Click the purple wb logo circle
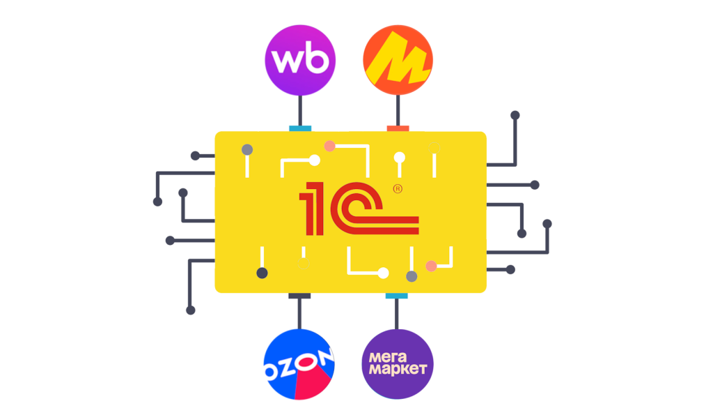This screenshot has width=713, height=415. click(300, 60)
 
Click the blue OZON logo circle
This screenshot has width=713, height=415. click(299, 365)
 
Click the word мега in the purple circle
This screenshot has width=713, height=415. click(388, 357)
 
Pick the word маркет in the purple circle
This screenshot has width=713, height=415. click(398, 368)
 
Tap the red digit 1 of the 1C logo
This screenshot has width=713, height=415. click(312, 209)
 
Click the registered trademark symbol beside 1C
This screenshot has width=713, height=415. click(398, 188)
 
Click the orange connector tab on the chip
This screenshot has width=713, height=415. click(398, 128)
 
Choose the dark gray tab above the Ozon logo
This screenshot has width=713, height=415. click(299, 296)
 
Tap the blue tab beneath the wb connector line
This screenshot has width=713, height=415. click(300, 128)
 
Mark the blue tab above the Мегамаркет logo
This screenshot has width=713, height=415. click(396, 296)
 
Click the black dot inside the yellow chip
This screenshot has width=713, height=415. click(262, 273)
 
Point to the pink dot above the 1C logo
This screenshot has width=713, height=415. click(329, 146)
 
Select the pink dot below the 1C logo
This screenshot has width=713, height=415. click(431, 266)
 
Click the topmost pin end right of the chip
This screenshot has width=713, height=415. click(515, 115)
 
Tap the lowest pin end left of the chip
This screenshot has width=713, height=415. click(191, 310)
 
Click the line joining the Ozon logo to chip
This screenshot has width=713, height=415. click(299, 314)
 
